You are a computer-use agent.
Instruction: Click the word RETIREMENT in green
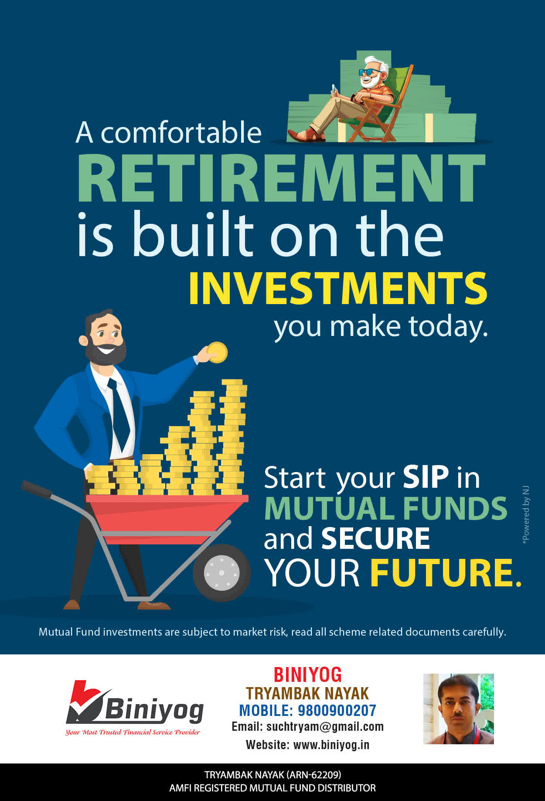point(281,178)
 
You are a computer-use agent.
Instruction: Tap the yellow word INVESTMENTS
point(338,288)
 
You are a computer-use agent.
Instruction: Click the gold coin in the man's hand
point(217,352)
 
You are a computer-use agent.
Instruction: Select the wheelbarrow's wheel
point(221,572)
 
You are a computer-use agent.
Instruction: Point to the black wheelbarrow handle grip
point(37,489)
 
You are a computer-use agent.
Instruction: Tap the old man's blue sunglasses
point(369,72)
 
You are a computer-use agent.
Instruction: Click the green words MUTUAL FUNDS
point(386,508)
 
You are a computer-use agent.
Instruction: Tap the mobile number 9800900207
point(337,711)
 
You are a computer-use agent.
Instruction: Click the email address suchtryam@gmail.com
point(325,727)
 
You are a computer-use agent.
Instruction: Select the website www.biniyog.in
point(331,745)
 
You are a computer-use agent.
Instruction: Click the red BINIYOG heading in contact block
point(307,675)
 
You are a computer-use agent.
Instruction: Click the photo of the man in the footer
point(458,709)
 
